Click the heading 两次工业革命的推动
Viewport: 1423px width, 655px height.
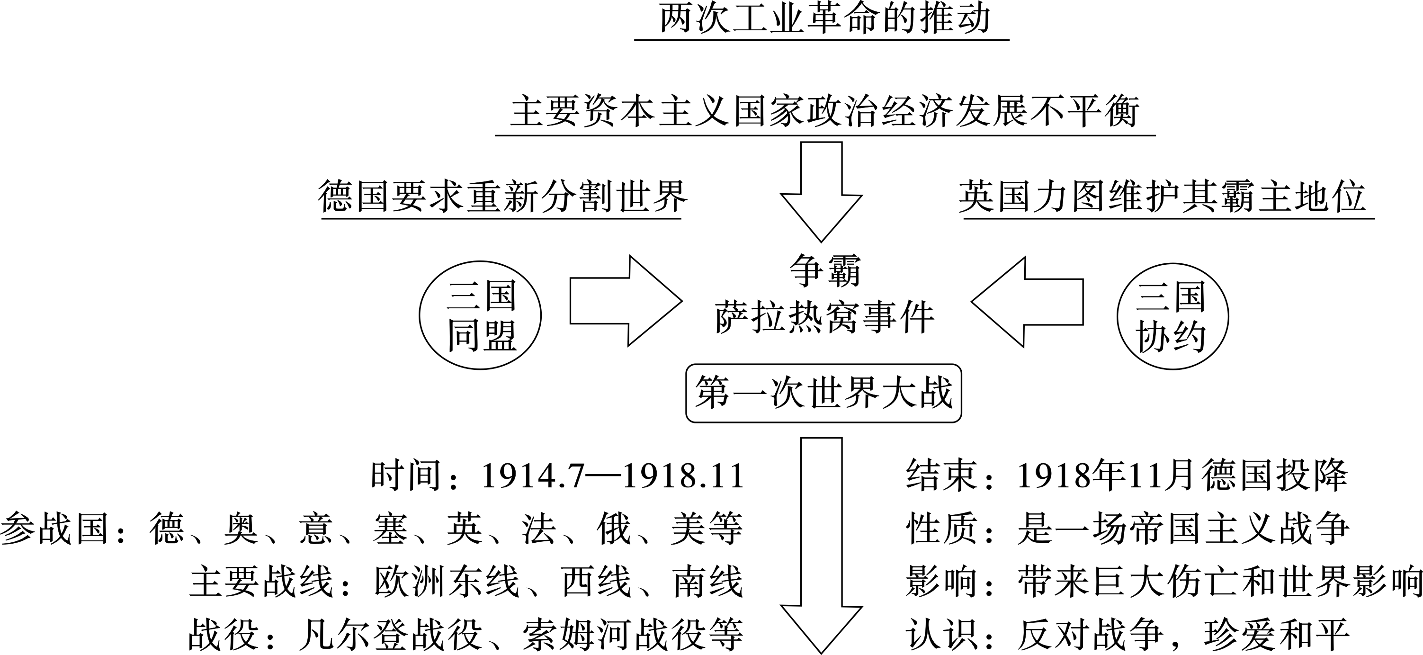point(823,20)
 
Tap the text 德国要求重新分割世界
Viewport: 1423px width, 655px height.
point(501,197)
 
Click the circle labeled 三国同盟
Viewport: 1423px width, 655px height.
point(480,316)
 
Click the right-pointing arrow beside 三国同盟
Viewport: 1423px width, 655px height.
point(624,301)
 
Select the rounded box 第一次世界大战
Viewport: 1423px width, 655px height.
point(823,393)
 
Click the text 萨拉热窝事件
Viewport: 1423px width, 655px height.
point(824,318)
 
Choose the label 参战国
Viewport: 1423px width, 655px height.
point(54,529)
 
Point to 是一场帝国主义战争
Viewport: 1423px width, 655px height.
point(1183,529)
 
